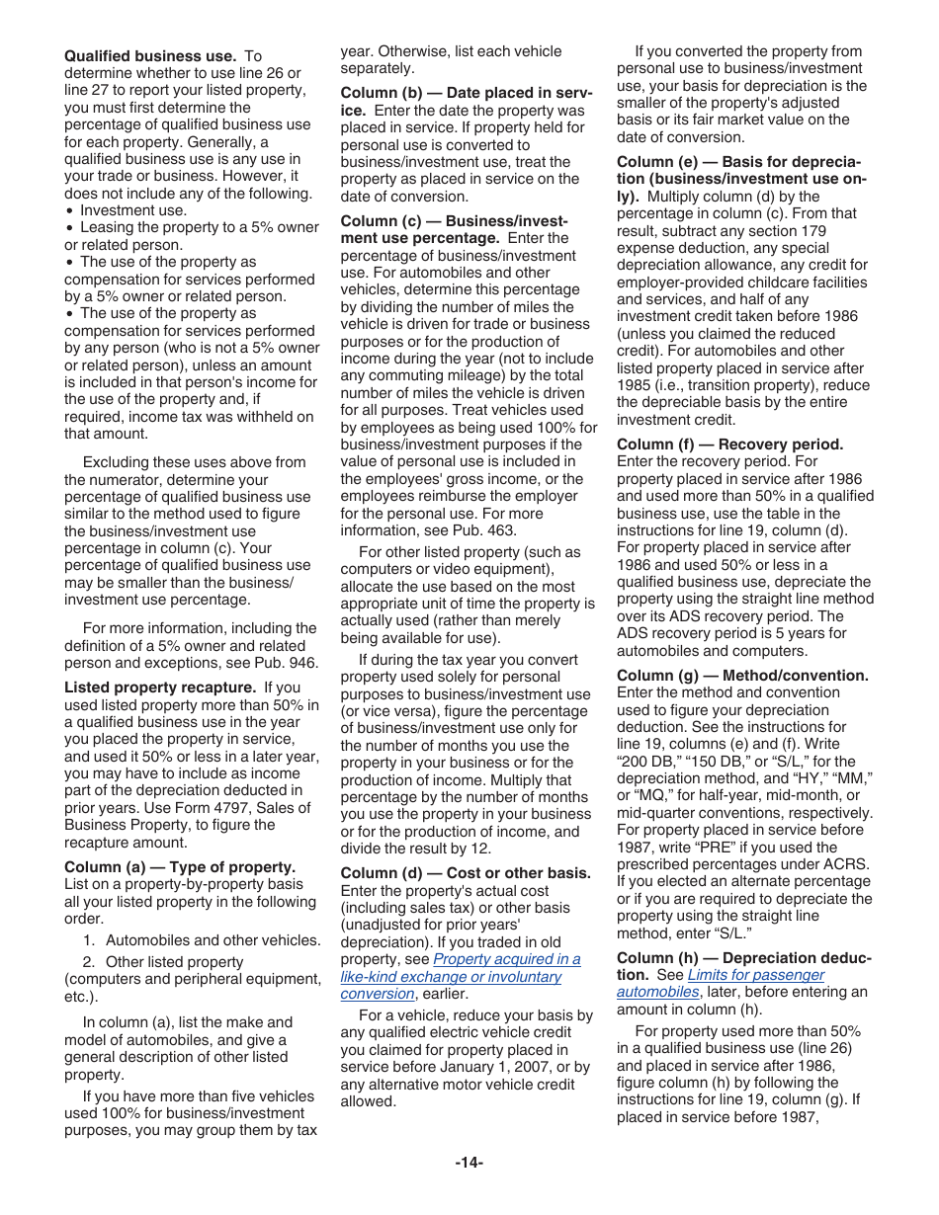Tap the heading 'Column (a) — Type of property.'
(x=180, y=867)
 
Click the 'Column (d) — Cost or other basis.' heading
(x=466, y=873)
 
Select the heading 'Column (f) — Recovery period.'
(x=729, y=445)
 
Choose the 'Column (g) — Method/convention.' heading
(x=742, y=676)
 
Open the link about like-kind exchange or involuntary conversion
(x=461, y=977)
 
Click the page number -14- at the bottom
(x=469, y=1163)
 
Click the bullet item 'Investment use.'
(x=132, y=210)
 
